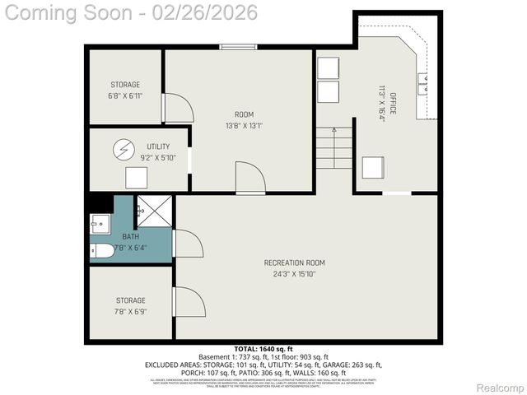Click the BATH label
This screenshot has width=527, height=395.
pos(108,236)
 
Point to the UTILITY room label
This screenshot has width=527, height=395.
pos(158,146)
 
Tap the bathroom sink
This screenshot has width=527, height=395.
pos(101,223)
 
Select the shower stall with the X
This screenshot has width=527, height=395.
pos(154,211)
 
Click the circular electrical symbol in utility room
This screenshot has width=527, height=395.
pos(124,150)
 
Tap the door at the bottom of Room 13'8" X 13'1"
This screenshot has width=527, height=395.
pos(250,178)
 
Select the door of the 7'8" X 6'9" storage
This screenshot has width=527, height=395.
pos(189,302)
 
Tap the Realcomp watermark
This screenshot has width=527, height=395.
pos(499,388)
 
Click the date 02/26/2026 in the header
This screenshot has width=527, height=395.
pos(208,12)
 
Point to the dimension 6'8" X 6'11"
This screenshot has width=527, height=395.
pos(125,96)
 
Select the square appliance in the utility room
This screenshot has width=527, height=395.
pos(136,178)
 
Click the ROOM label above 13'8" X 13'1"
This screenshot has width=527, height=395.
pos(244,114)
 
